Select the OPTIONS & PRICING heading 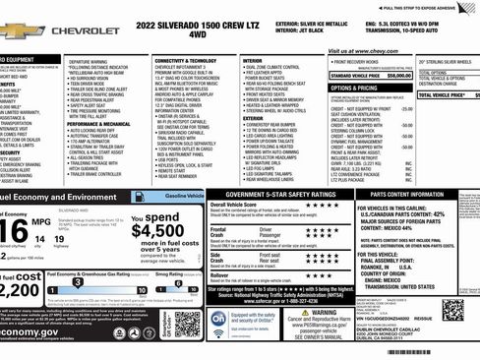tap(359, 87)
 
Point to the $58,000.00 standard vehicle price tap(399, 74)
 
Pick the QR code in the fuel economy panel tap(187, 324)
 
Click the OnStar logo tap(218, 322)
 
